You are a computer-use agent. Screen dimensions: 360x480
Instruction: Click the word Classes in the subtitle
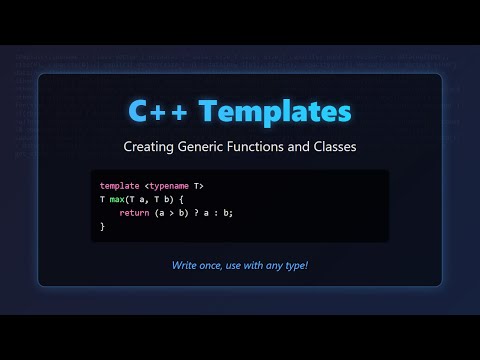pos(335,147)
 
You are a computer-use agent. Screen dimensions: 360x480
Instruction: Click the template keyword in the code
pos(120,187)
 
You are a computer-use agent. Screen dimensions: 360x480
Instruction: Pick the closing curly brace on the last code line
pos(103,227)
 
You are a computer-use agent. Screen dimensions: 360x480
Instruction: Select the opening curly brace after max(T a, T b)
pos(182,200)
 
